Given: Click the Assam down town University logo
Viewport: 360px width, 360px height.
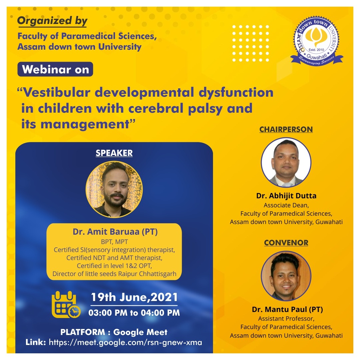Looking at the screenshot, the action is tap(317, 41).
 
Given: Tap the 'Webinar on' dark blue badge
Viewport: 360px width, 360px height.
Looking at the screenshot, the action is tap(55, 69).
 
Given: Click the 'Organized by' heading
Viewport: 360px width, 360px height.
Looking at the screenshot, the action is tap(52, 21).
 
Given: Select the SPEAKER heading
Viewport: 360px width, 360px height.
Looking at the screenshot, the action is tap(114, 153).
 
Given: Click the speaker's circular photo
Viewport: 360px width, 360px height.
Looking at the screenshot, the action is tap(114, 189).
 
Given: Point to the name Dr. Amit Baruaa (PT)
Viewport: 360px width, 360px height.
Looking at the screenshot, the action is tap(115, 232).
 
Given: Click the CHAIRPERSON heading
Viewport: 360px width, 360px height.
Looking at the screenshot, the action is tap(286, 129).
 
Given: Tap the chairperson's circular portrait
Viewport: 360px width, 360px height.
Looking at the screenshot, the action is tap(286, 162).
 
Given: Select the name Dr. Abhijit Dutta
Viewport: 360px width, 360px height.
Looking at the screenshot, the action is tap(286, 196).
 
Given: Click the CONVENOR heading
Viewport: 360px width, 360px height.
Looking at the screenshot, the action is tap(286, 243).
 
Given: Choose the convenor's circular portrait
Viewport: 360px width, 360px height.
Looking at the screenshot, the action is tap(286, 276).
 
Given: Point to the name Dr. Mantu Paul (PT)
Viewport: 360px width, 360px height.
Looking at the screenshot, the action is tap(287, 309).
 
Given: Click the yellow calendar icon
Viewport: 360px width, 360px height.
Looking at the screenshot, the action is tap(66, 304).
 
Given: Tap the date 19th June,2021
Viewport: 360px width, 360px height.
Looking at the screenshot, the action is tap(134, 297).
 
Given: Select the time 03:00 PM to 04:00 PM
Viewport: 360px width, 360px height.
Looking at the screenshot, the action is tap(134, 313).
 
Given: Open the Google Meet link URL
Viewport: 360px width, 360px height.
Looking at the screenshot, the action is tap(125, 342).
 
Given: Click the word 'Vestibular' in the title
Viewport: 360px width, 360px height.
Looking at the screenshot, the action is tap(57, 93).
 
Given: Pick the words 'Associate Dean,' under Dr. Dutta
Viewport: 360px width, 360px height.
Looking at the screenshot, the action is tap(286, 205).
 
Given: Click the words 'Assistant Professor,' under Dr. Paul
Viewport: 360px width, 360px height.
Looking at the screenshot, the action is tap(286, 319).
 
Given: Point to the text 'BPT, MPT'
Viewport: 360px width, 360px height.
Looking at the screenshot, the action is tap(114, 242).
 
